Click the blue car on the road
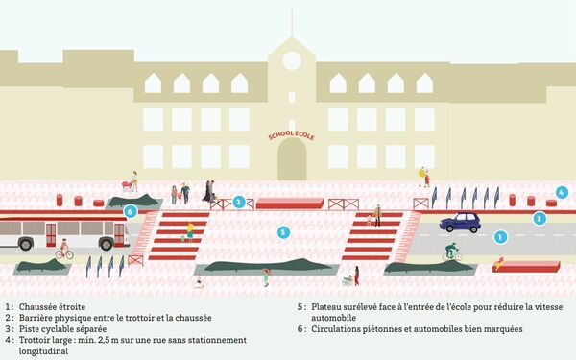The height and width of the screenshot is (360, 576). (x=460, y=223)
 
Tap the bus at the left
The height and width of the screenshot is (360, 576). (x=62, y=232)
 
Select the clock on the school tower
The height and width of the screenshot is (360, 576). (x=292, y=60)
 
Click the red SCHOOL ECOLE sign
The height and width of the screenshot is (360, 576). (x=292, y=136)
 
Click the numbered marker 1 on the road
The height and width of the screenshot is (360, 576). (x=499, y=236)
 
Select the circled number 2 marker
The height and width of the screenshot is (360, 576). (x=237, y=203)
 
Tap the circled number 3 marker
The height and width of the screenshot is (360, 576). (x=540, y=218)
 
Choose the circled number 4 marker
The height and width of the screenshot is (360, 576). (x=562, y=192)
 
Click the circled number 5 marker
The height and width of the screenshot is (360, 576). (x=283, y=232)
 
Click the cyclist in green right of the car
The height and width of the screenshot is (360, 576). (x=451, y=252)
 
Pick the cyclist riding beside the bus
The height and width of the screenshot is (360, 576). (x=64, y=250)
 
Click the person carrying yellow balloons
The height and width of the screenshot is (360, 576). (x=424, y=177)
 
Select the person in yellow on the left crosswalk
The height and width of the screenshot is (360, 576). (x=189, y=230)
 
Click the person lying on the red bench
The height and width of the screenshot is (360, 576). (x=502, y=262)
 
